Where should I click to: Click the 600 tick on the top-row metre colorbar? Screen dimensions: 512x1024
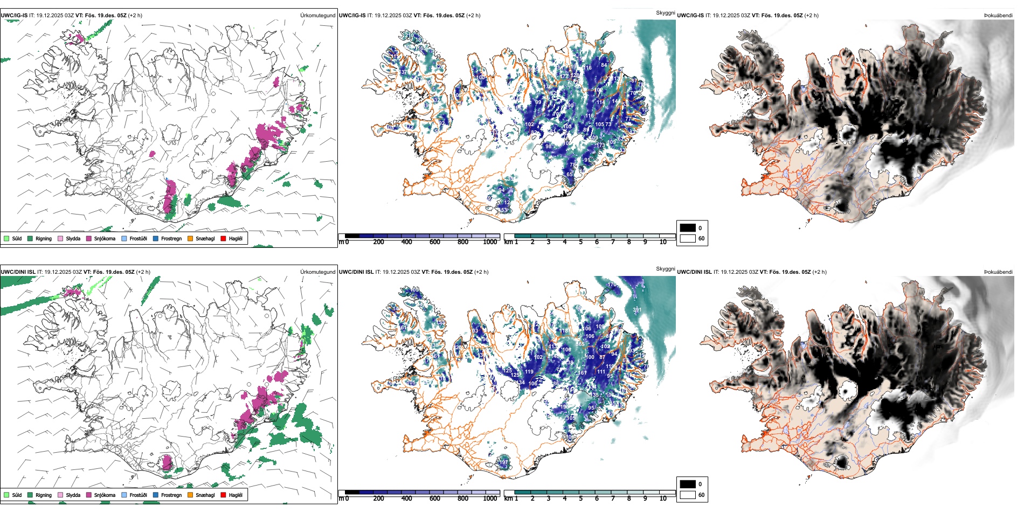(x=435, y=242)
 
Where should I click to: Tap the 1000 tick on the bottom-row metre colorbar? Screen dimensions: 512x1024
(x=490, y=499)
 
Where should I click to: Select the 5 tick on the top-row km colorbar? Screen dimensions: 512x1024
(x=580, y=242)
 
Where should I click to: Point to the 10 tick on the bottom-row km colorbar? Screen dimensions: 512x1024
(x=663, y=499)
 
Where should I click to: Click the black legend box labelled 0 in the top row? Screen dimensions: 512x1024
(x=688, y=228)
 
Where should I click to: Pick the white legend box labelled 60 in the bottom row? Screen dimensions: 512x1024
(x=688, y=495)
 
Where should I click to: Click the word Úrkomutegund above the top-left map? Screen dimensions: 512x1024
(x=317, y=16)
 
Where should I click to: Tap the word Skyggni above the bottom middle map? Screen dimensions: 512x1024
(x=665, y=269)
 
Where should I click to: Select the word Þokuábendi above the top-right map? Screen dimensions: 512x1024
(x=998, y=16)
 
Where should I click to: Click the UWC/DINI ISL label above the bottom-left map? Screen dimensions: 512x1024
(x=18, y=272)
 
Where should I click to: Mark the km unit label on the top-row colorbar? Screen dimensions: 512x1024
(x=508, y=242)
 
